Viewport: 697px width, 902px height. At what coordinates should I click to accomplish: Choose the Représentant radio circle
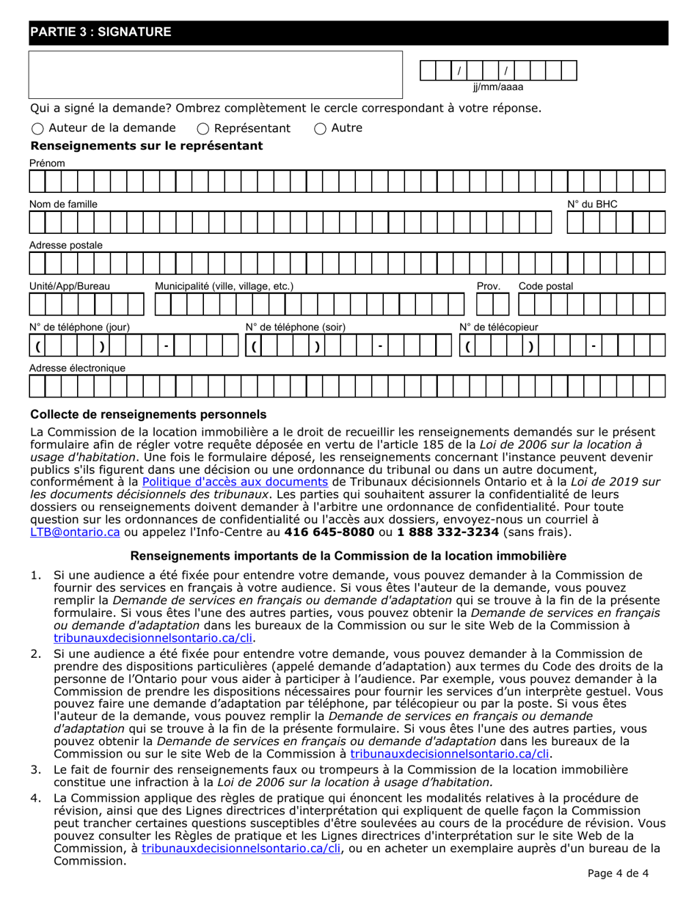point(205,128)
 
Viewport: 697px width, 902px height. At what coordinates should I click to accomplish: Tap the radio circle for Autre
point(320,128)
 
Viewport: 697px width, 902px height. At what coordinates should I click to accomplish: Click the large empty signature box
point(216,75)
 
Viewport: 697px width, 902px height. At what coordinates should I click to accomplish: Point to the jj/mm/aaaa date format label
point(498,87)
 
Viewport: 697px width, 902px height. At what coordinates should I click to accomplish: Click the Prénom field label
point(47,163)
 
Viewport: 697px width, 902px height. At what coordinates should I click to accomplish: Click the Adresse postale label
point(66,245)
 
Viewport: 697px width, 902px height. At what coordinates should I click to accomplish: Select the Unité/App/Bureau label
point(70,286)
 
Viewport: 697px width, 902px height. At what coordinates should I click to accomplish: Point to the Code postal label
point(546,286)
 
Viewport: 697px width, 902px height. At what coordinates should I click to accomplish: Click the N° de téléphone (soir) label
point(295,327)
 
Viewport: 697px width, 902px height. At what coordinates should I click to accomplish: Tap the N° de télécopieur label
point(498,327)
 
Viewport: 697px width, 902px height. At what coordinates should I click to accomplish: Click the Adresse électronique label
point(77,368)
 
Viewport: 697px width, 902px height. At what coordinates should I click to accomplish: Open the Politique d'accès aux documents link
point(235,482)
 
